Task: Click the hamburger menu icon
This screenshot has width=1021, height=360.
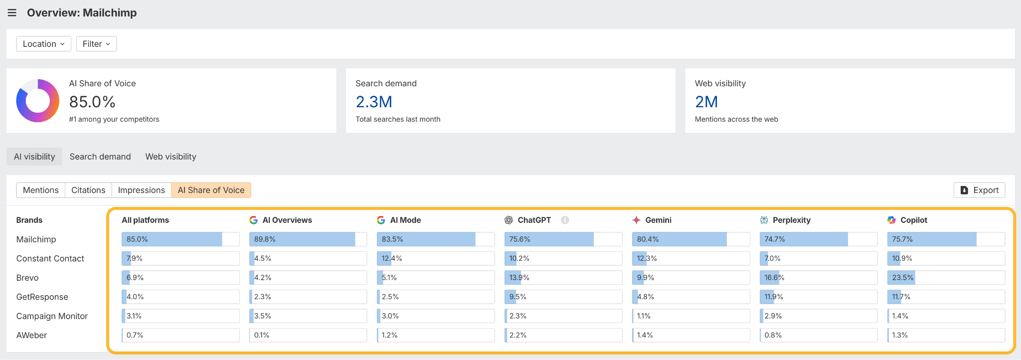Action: point(12,13)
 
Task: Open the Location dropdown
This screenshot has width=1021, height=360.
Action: point(43,44)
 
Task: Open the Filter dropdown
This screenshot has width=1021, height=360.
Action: point(96,44)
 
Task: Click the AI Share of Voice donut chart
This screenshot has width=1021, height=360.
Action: point(38,101)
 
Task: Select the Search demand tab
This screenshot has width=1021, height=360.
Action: point(100,157)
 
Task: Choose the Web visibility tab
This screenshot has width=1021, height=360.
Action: point(170,157)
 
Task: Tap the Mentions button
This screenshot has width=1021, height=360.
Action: point(41,190)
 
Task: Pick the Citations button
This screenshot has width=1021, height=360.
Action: point(88,190)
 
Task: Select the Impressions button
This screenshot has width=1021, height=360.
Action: point(141,190)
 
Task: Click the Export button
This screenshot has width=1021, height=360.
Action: point(979,190)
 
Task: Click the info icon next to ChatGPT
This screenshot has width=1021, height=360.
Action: point(565,220)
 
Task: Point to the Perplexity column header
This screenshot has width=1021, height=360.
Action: point(791,220)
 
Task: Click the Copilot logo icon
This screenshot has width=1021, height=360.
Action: point(891,220)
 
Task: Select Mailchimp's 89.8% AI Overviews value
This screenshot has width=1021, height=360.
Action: point(265,239)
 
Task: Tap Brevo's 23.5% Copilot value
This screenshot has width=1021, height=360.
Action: point(903,278)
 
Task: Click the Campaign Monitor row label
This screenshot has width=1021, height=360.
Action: point(52,316)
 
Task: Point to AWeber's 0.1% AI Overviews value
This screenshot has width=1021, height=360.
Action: point(262,335)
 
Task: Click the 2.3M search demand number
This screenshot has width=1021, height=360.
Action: point(374,102)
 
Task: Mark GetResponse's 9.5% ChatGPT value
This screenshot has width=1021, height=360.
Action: point(518,297)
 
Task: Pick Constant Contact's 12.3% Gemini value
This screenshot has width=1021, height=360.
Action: point(647,258)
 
